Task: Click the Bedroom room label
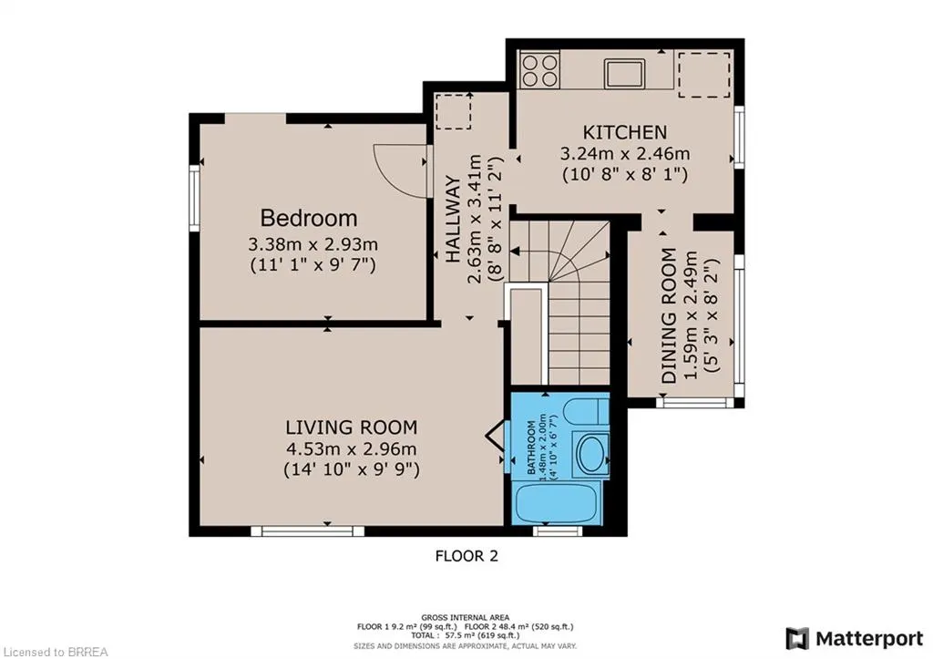click(309, 219)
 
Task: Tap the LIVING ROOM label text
click(351, 427)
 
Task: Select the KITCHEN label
click(625, 132)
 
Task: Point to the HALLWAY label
click(454, 220)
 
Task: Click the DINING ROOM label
click(670, 315)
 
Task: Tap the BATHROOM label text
click(531, 448)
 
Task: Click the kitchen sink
click(625, 74)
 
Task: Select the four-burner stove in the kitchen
click(539, 69)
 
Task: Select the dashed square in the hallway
click(454, 110)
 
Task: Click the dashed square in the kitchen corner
click(704, 74)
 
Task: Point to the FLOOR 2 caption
click(466, 556)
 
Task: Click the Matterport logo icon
click(797, 639)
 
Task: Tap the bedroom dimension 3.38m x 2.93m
click(313, 244)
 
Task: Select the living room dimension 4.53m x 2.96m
click(351, 448)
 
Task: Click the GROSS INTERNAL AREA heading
click(466, 617)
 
